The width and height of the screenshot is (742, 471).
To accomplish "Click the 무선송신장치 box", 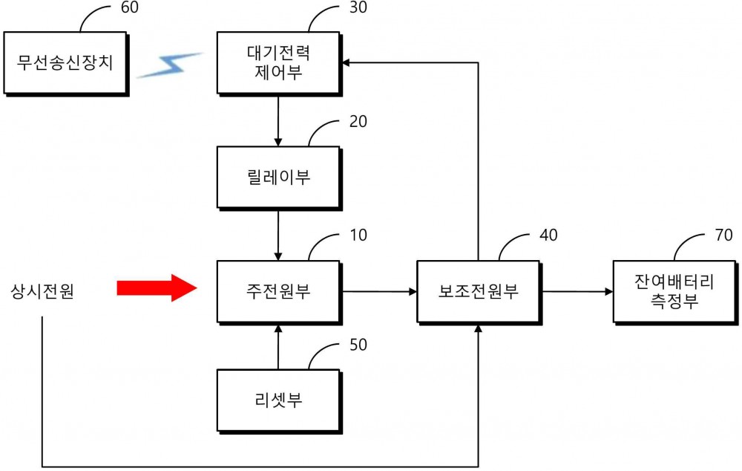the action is [66, 64].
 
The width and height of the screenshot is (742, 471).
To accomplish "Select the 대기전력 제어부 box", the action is [279, 64].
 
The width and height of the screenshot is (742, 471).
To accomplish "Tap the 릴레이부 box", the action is [279, 178].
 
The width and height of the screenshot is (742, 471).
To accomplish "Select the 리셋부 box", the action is [279, 402].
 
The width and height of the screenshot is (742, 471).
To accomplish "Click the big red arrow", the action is [157, 288].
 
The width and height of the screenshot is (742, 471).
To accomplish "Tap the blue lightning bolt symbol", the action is [169, 65].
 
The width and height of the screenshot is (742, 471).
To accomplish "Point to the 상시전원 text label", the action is [42, 291].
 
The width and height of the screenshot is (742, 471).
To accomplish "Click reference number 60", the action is [130, 7].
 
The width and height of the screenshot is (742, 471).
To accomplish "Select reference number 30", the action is [358, 7].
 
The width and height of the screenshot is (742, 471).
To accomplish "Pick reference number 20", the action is [358, 122].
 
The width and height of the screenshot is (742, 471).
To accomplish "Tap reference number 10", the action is [358, 235].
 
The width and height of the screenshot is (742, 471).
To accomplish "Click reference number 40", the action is [549, 235].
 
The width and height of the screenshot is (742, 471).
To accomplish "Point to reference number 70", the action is [724, 235].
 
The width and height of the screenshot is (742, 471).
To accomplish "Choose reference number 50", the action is [358, 345].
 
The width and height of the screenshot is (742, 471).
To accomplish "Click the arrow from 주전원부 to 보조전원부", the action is [379, 291].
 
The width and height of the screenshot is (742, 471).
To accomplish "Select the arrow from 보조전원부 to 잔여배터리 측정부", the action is [577, 291].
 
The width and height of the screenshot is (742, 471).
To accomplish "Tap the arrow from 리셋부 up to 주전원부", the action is [278, 348].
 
